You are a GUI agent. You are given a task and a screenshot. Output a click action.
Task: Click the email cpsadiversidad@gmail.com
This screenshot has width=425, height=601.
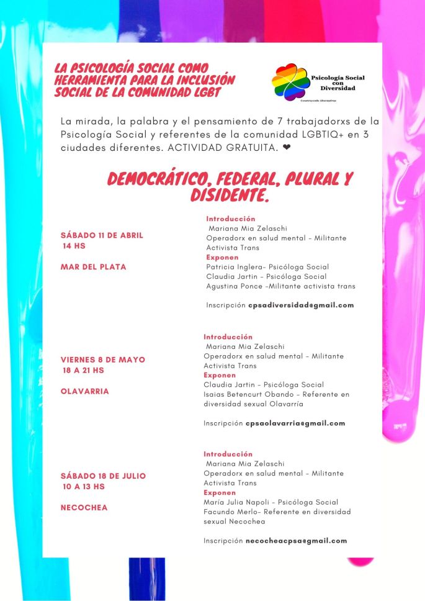click(x=301, y=305)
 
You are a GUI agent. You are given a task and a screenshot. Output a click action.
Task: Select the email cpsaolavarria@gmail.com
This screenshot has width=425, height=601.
click(x=295, y=423)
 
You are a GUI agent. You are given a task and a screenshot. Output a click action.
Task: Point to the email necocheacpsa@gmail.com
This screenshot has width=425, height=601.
click(x=296, y=540)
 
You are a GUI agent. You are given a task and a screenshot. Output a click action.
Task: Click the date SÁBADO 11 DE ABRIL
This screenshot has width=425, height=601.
click(x=102, y=235)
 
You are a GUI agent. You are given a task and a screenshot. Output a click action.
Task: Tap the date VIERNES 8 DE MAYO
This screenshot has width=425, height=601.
click(x=103, y=359)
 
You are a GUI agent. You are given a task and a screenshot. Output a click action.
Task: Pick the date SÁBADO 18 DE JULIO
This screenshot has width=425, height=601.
click(x=103, y=476)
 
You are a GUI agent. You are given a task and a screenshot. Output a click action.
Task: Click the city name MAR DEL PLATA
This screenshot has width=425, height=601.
click(x=93, y=267)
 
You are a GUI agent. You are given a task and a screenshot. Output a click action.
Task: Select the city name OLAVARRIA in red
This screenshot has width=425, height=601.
click(x=84, y=392)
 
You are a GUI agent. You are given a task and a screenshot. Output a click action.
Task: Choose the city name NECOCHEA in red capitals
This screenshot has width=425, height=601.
click(x=84, y=507)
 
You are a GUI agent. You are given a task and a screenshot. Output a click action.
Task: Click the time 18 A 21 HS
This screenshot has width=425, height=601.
click(x=83, y=371)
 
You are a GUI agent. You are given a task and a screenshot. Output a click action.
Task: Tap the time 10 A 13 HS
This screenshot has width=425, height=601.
click(x=83, y=487)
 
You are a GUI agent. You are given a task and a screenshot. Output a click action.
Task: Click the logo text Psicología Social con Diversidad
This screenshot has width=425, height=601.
click(x=338, y=82)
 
